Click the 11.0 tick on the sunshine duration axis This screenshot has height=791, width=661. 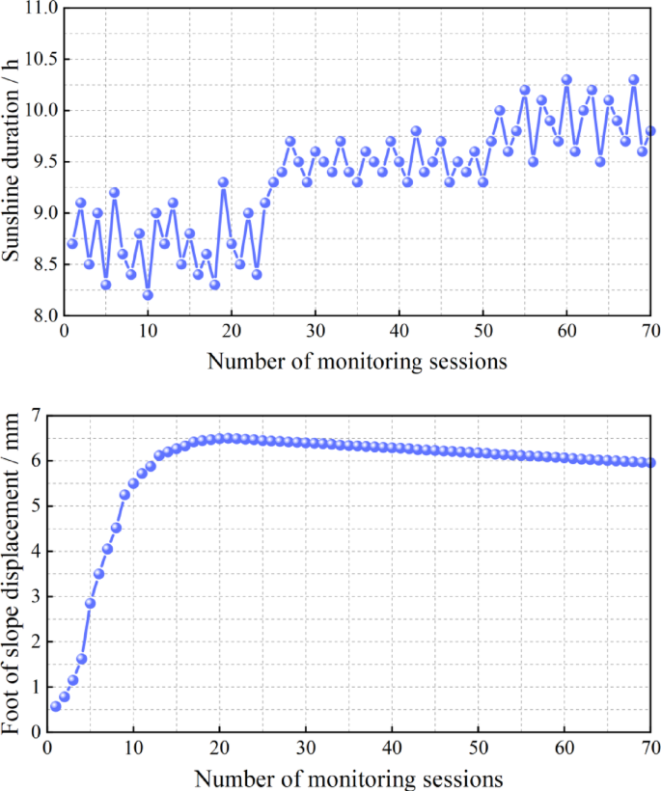click(41, 9)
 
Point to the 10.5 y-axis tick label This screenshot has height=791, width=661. click(41, 60)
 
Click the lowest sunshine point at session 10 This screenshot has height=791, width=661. click(148, 294)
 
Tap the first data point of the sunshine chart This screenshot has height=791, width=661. click(72, 243)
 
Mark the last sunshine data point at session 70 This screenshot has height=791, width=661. click(650, 131)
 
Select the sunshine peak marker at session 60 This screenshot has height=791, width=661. click(566, 80)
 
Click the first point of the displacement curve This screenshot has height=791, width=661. click(56, 706)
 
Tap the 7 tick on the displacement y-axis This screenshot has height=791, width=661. click(37, 416)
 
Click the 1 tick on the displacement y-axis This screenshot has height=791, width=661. click(37, 687)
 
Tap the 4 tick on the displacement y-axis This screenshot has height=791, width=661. click(37, 552)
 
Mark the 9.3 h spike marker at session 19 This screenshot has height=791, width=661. click(223, 182)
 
